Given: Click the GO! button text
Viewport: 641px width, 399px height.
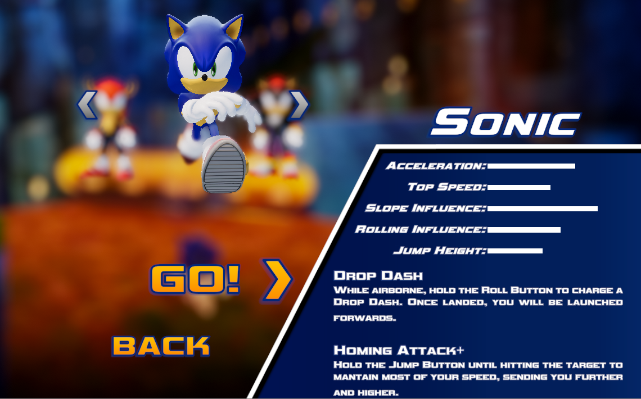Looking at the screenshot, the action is click(x=195, y=279).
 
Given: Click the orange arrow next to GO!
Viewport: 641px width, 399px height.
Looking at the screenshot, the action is click(x=277, y=280).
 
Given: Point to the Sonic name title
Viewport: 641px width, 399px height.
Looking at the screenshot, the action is click(x=505, y=122).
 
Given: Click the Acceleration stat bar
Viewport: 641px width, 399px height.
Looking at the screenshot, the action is click(x=531, y=166).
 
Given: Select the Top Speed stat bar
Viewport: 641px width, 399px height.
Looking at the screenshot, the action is click(x=519, y=187).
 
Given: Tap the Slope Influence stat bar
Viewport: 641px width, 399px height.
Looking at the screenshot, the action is click(x=543, y=208).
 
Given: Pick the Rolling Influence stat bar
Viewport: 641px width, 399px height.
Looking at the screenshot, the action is click(x=523, y=230).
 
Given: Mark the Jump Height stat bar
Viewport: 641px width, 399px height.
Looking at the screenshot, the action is click(x=514, y=251).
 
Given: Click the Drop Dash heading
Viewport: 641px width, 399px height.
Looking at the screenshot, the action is click(x=378, y=276).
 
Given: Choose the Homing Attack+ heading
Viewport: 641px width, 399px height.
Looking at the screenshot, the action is click(x=399, y=350).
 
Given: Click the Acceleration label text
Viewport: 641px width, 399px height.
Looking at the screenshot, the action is click(x=436, y=166).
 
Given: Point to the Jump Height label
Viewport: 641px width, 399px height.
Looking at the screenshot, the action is click(x=440, y=250).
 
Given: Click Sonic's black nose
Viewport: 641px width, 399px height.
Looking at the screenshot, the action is click(x=205, y=77).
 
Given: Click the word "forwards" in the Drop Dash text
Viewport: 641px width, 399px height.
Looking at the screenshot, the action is click(x=365, y=318).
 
